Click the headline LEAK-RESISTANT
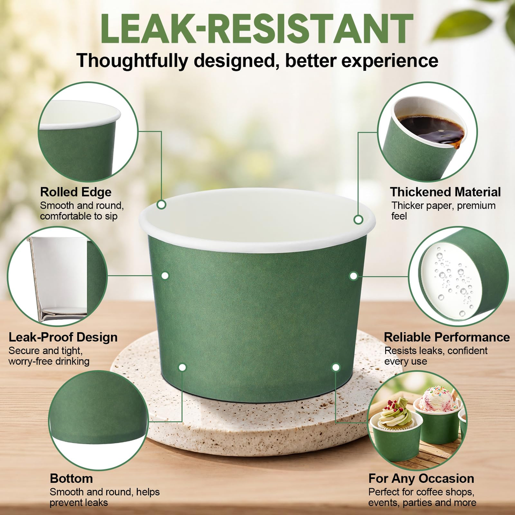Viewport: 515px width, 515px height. tap(257, 28)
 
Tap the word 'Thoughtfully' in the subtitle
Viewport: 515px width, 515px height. tap(132, 61)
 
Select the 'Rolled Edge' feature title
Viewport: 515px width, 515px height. tap(76, 192)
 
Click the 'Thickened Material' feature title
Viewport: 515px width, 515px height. tap(445, 192)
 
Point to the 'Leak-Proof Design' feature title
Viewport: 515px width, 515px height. tap(63, 337)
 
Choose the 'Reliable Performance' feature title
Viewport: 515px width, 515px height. tap(447, 337)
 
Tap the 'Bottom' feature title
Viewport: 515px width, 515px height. tap(71, 479)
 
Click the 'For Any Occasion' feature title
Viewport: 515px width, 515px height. tap(421, 479)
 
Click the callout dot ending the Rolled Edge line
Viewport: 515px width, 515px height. tap(161, 204)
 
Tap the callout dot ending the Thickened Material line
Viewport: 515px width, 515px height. tap(358, 219)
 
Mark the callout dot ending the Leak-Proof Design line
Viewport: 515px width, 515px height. tap(165, 276)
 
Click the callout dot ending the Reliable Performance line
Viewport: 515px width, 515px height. tap(354, 276)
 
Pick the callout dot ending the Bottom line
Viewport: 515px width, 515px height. tap(182, 367)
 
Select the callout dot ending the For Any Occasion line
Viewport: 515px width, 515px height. tap(336, 367)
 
